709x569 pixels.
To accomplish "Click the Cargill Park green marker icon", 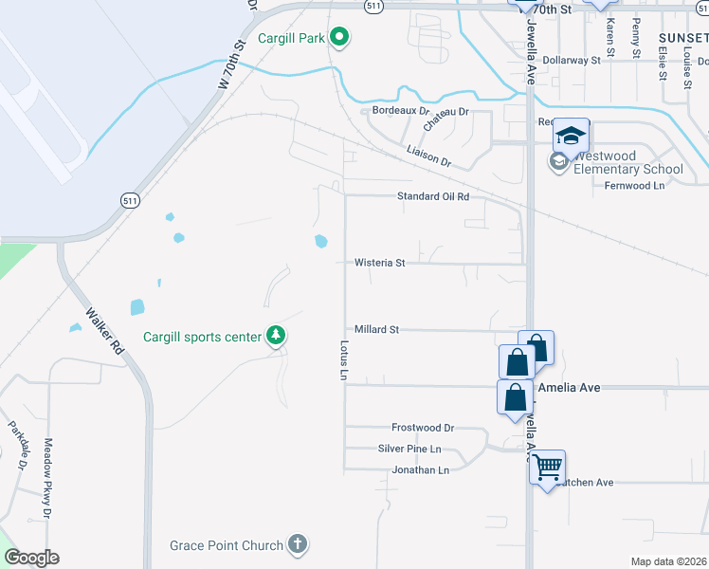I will pos(339,39).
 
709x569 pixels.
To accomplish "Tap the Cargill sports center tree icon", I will pos(276,336).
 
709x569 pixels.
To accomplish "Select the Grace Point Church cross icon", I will pos(298,544).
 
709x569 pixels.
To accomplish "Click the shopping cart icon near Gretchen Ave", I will pos(547,467).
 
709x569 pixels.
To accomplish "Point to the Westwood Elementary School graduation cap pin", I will pos(572,137).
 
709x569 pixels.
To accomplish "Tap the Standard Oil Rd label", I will pos(433,196).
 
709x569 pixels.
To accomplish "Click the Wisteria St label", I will pos(379,263).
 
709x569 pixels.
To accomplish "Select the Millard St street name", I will pos(377,329).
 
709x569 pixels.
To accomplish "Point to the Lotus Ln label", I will pos(344,360).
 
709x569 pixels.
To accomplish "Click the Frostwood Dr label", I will pos(423,428).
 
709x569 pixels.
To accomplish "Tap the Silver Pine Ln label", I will pos(409,449).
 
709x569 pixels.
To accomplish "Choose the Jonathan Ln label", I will pos(420,469).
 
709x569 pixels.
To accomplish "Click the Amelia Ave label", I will pos(569,388).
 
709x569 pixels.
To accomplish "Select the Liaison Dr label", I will pos(428,156).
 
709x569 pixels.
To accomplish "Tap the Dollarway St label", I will pos(573,59).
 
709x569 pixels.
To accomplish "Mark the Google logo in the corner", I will pos(31,558).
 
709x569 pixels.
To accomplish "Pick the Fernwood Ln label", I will pos(634,186).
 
